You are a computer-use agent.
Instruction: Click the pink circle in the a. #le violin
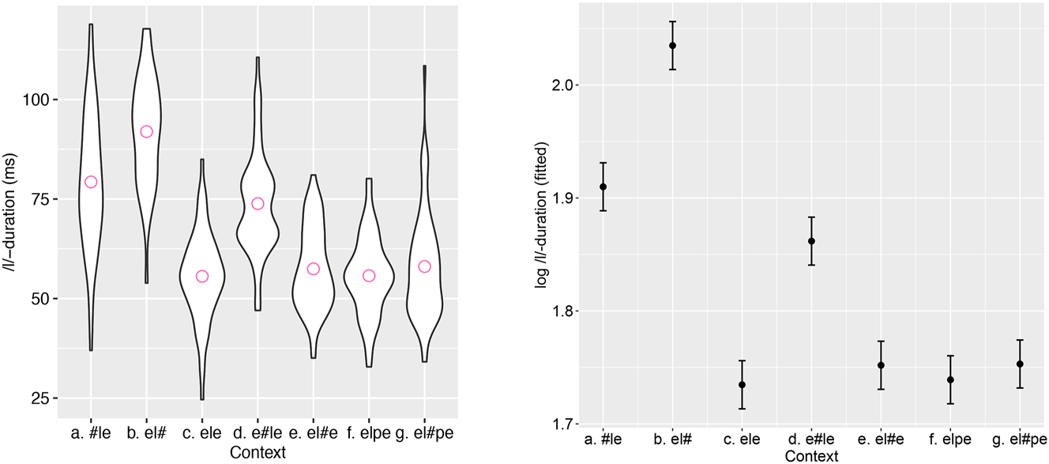coord(91,182)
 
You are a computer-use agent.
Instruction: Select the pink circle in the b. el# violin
coord(146,131)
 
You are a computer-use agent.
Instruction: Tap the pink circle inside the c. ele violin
coord(202,276)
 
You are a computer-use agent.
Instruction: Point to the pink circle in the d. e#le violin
coord(258,203)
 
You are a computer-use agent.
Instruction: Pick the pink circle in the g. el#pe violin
coord(424,266)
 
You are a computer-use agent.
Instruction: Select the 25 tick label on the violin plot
coord(40,398)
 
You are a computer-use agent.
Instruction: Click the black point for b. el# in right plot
coord(672,45)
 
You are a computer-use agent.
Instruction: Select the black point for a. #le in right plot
coord(603,187)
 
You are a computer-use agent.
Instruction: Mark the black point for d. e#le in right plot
coord(811,241)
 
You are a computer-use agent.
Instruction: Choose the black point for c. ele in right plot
coord(742,385)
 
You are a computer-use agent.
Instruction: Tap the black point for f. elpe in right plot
coord(950,379)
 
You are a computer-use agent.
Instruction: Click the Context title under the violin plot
coord(257,452)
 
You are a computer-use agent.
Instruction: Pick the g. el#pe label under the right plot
coord(1020,439)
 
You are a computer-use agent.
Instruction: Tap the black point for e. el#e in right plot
coord(881,365)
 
